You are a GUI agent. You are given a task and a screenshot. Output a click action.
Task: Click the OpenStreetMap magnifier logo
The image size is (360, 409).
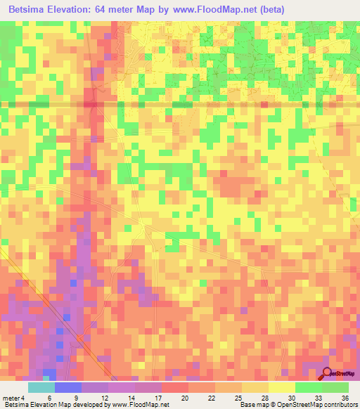point(328,374)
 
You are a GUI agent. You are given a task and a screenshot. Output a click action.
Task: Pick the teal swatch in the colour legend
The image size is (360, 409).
point(41,387)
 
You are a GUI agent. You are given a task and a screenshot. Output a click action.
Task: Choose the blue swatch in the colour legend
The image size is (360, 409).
point(67,387)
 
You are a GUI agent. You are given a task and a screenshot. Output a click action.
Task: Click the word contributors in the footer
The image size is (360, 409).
point(340,405)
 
